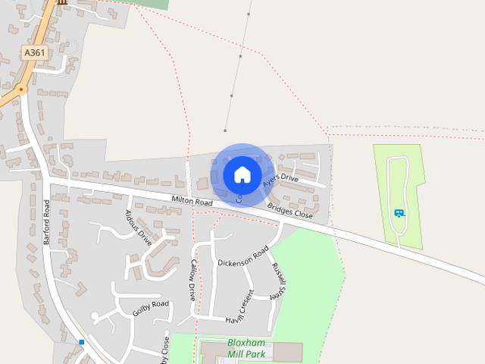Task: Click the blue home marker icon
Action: pos(242,174)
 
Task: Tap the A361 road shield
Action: pos(33,52)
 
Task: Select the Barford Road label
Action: pos(48,221)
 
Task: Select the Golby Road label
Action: pos(150,308)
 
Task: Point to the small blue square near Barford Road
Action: pos(81,343)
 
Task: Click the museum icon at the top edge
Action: pos(61,2)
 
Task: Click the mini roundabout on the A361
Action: pos(21,89)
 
